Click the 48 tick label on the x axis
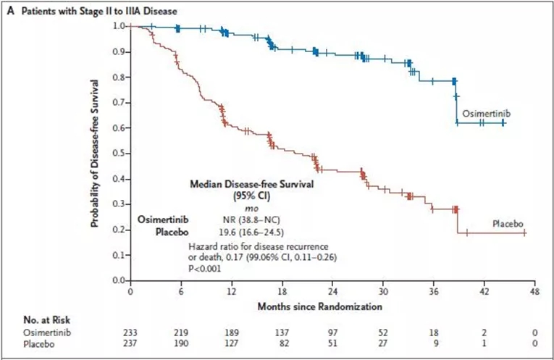pos(534,290)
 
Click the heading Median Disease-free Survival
pos(252,184)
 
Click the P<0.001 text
pos(206,268)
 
